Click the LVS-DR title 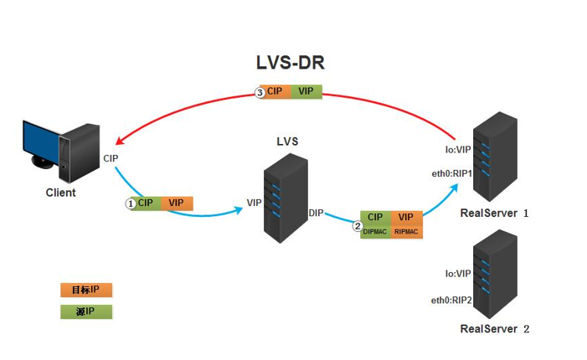tap(290, 64)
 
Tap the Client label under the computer tap(60, 193)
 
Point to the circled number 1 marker tap(131, 203)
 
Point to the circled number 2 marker tap(357, 225)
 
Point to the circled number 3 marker tap(260, 92)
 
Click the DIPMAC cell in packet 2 tap(375, 231)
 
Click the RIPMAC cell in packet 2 tap(407, 231)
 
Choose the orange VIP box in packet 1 tap(176, 203)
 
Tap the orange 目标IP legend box tap(85, 290)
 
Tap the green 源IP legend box tap(85, 312)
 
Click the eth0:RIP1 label tap(452, 174)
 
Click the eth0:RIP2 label tap(452, 300)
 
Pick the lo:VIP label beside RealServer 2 tap(458, 273)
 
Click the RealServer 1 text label tap(495, 213)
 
